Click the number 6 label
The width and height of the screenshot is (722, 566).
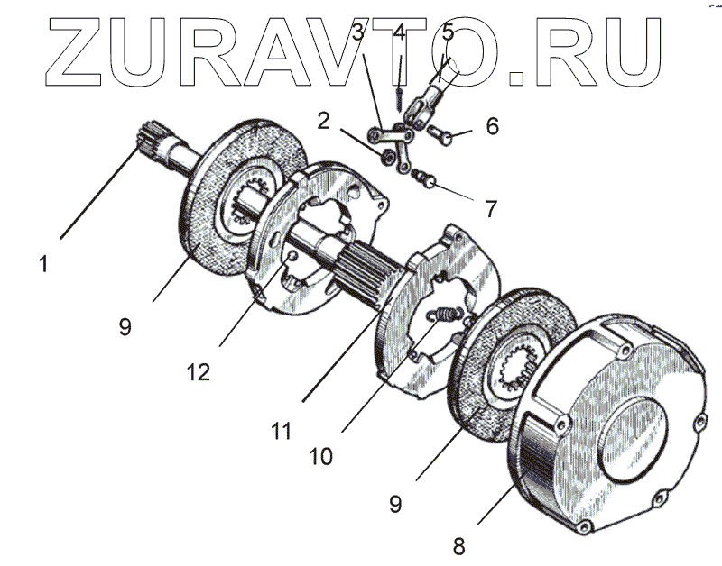click(492, 125)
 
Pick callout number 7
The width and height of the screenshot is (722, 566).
click(490, 209)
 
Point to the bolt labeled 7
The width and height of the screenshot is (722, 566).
click(424, 181)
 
